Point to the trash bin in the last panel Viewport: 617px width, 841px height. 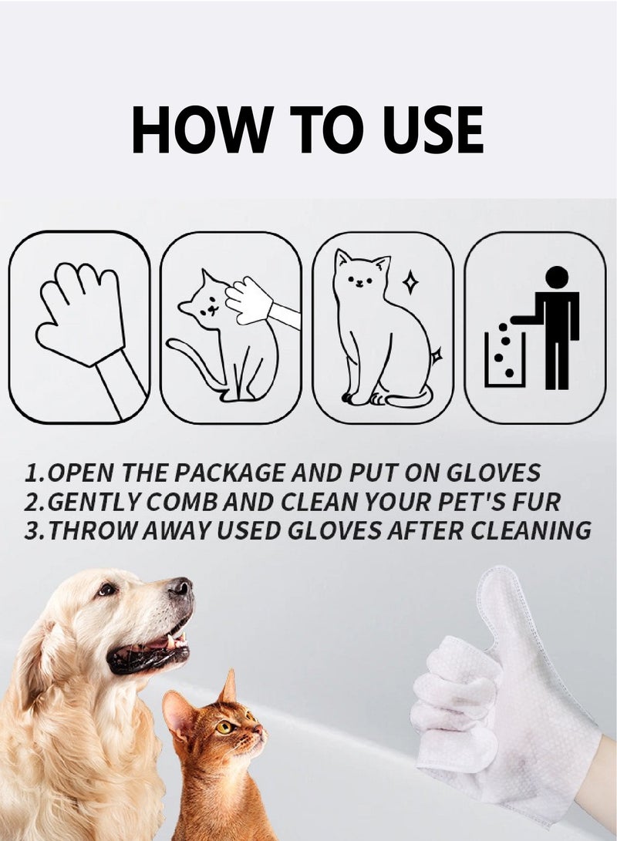tap(504, 358)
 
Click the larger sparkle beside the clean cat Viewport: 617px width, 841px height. tap(411, 282)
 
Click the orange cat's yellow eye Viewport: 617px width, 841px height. tap(225, 726)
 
